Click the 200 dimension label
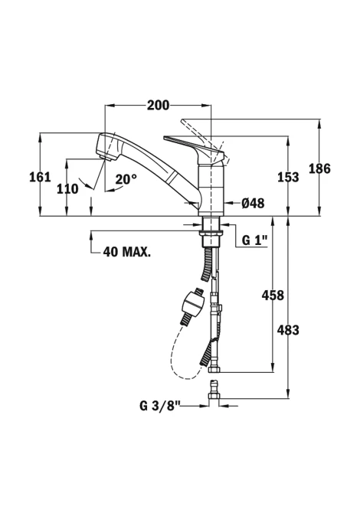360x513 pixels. click(158, 106)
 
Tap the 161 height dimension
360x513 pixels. click(41, 177)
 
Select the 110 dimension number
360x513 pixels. click(67, 189)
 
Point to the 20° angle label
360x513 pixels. click(126, 179)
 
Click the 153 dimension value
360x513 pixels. click(288, 177)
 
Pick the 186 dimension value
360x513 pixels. click(319, 168)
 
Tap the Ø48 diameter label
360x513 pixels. click(253, 203)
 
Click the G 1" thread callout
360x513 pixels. click(254, 240)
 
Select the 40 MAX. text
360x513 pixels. click(127, 252)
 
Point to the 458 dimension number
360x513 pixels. click(273, 296)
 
